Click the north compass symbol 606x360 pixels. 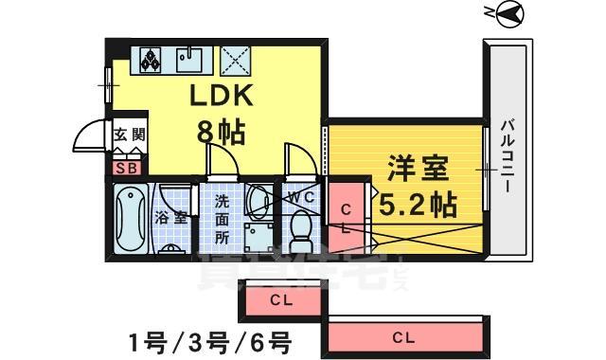tap(508, 13)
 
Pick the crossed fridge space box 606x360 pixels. tap(234, 60)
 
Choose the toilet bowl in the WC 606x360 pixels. tap(302, 228)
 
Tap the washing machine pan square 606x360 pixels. tap(256, 238)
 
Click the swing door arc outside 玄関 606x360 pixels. tap(88, 137)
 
